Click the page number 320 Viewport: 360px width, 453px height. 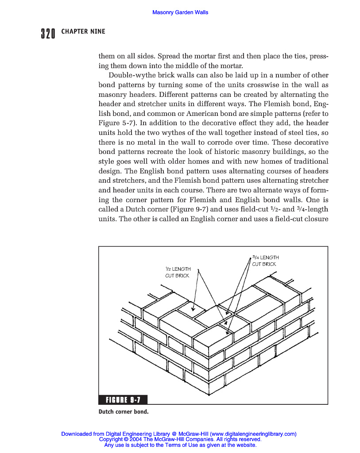click(x=47, y=33)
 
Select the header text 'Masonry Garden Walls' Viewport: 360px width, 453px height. click(x=180, y=12)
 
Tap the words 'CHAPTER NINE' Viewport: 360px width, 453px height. click(x=83, y=32)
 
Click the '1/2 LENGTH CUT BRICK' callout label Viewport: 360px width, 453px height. click(x=178, y=272)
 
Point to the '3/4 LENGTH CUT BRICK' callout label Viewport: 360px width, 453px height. click(x=265, y=261)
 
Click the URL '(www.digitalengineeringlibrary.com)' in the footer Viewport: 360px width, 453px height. click(x=253, y=434)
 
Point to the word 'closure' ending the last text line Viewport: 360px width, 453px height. click(x=316, y=219)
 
